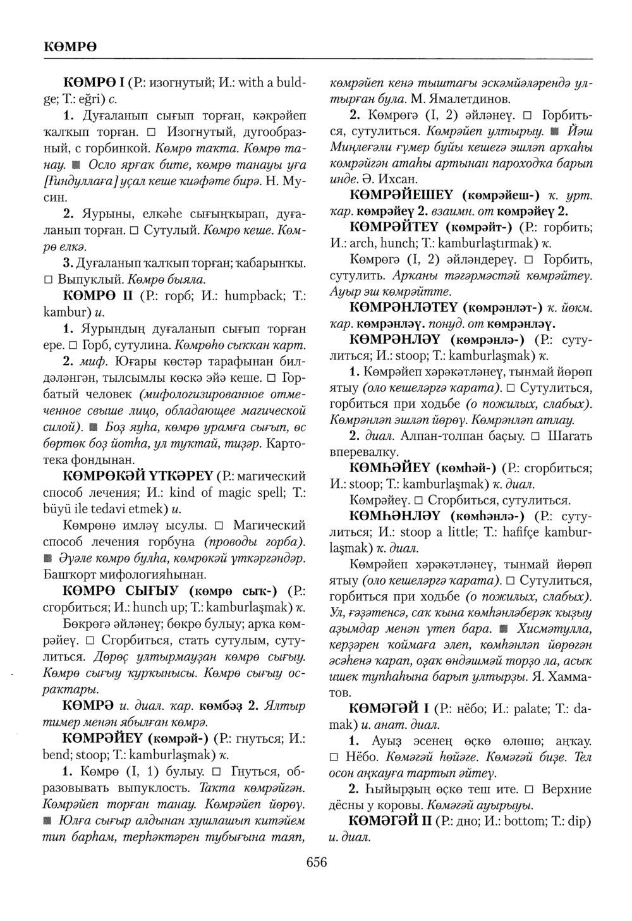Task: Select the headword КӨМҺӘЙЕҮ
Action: tap(389, 468)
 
